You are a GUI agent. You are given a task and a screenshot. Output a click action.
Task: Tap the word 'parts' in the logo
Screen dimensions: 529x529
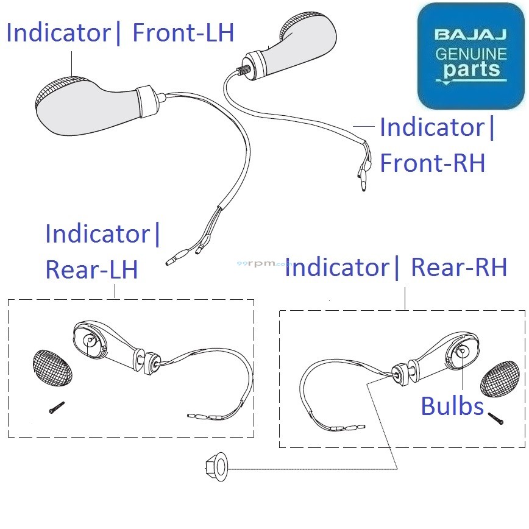[472, 69]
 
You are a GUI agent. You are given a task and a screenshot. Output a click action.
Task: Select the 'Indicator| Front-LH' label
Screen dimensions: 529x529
[120, 32]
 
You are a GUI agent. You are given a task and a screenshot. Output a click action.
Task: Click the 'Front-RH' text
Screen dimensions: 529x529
[432, 163]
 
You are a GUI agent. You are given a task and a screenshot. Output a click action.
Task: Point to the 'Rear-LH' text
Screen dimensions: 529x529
[91, 269]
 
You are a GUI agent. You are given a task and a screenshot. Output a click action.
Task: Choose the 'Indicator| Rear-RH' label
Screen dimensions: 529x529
[396, 267]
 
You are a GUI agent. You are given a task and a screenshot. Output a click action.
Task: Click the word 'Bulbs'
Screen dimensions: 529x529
[452, 406]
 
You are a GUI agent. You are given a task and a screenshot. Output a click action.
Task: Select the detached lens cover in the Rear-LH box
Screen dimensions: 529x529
[51, 369]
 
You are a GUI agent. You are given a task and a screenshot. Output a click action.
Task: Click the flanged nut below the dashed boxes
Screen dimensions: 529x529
[217, 467]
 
